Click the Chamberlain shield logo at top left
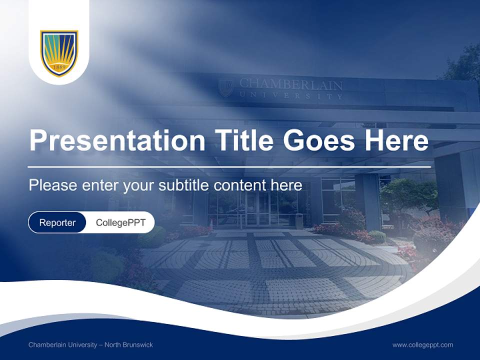tap(59, 52)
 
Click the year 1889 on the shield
tap(59, 66)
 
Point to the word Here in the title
tap(396, 140)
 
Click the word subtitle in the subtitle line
tap(184, 185)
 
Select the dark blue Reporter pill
tap(57, 222)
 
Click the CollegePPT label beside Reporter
tap(120, 222)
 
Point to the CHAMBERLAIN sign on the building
tap(291, 84)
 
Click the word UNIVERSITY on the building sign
tap(291, 95)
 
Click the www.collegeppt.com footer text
tap(422, 344)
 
